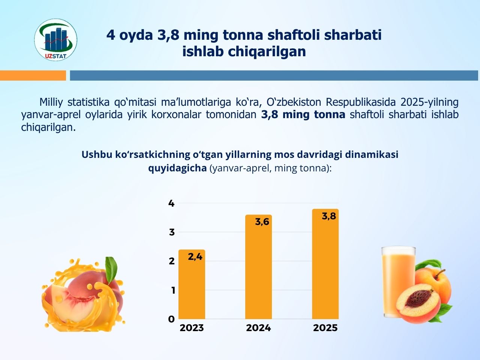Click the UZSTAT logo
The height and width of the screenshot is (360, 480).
[55, 40]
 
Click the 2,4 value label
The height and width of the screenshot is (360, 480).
[195, 257]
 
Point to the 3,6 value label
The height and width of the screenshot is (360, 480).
[262, 222]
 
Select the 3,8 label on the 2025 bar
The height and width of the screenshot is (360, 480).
[329, 216]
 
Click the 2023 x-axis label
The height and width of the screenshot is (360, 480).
[192, 328]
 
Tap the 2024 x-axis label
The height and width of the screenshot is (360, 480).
[258, 328]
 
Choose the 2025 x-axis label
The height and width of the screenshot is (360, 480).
[325, 328]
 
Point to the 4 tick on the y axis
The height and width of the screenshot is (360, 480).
[171, 204]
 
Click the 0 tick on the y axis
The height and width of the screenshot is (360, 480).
[171, 319]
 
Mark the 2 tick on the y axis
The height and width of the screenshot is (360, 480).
[172, 261]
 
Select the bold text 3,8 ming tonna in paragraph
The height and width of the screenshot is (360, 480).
[303, 115]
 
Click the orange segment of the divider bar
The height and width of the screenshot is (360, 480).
[33, 75]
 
